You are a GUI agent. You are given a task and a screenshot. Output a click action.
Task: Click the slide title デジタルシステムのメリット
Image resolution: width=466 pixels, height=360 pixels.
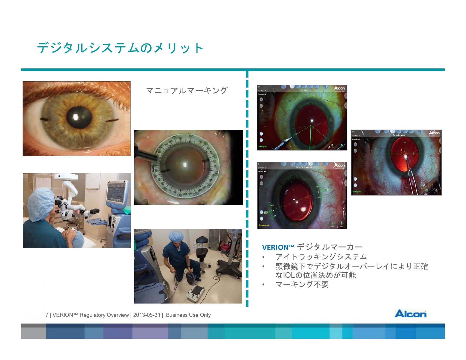(x=120, y=48)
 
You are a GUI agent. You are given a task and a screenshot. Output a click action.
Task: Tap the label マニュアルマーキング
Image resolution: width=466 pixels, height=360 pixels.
(x=187, y=91)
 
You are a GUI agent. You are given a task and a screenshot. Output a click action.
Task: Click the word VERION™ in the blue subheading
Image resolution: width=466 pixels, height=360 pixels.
(x=278, y=248)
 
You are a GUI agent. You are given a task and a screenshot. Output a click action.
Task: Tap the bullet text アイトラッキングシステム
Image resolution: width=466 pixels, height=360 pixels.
(x=321, y=257)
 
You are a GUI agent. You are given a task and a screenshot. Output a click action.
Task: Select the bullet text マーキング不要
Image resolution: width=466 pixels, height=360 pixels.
(x=302, y=285)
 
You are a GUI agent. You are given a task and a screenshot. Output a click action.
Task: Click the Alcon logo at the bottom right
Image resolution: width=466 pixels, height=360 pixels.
(x=410, y=314)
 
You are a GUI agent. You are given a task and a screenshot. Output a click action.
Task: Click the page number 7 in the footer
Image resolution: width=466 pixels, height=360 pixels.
(x=47, y=315)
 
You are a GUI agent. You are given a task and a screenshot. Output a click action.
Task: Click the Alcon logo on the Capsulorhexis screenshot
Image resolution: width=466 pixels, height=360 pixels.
(x=434, y=133)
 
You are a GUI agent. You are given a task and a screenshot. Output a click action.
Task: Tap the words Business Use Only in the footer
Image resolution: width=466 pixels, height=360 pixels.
(x=188, y=315)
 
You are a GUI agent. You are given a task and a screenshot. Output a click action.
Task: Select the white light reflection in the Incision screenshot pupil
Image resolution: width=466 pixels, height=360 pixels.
(x=312, y=121)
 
